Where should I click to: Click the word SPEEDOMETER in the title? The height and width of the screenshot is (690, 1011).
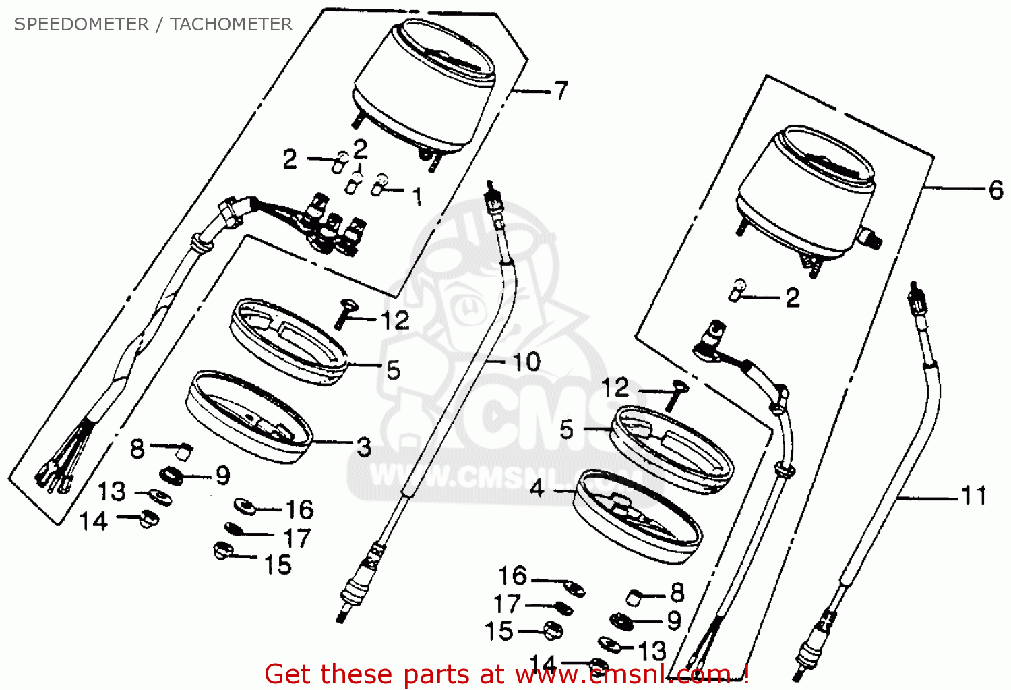(81, 24)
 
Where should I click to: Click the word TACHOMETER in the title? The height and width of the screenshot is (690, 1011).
(231, 24)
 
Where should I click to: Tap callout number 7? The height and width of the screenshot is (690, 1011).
(561, 90)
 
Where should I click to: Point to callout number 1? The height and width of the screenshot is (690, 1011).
(417, 196)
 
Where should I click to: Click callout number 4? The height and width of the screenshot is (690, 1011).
(537, 488)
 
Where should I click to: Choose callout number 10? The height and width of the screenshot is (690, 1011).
(526, 362)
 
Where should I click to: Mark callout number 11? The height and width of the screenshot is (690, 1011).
(973, 496)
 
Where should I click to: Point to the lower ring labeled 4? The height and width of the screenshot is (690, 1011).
(638, 517)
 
